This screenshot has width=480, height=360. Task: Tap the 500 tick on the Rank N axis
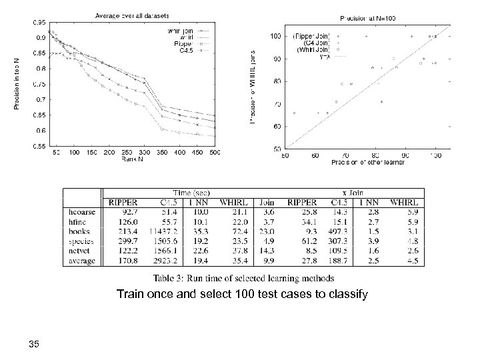(x=215, y=153)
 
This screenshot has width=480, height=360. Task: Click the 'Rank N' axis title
(x=132, y=159)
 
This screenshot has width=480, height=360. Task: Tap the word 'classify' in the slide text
(x=345, y=293)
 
